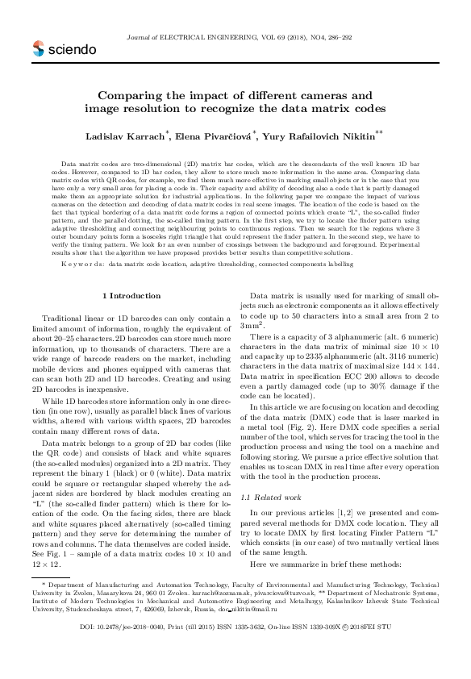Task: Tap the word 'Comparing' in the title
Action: coord(138,94)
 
